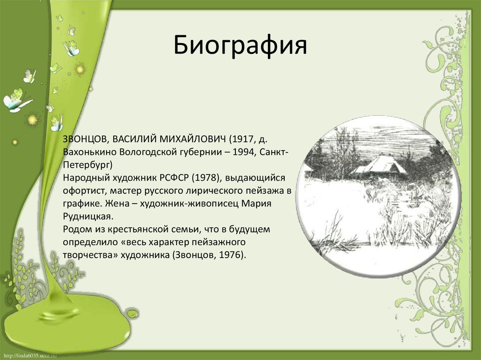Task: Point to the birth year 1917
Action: [x=244, y=140]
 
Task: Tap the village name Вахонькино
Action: [x=90, y=153]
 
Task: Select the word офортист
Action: [x=80, y=191]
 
